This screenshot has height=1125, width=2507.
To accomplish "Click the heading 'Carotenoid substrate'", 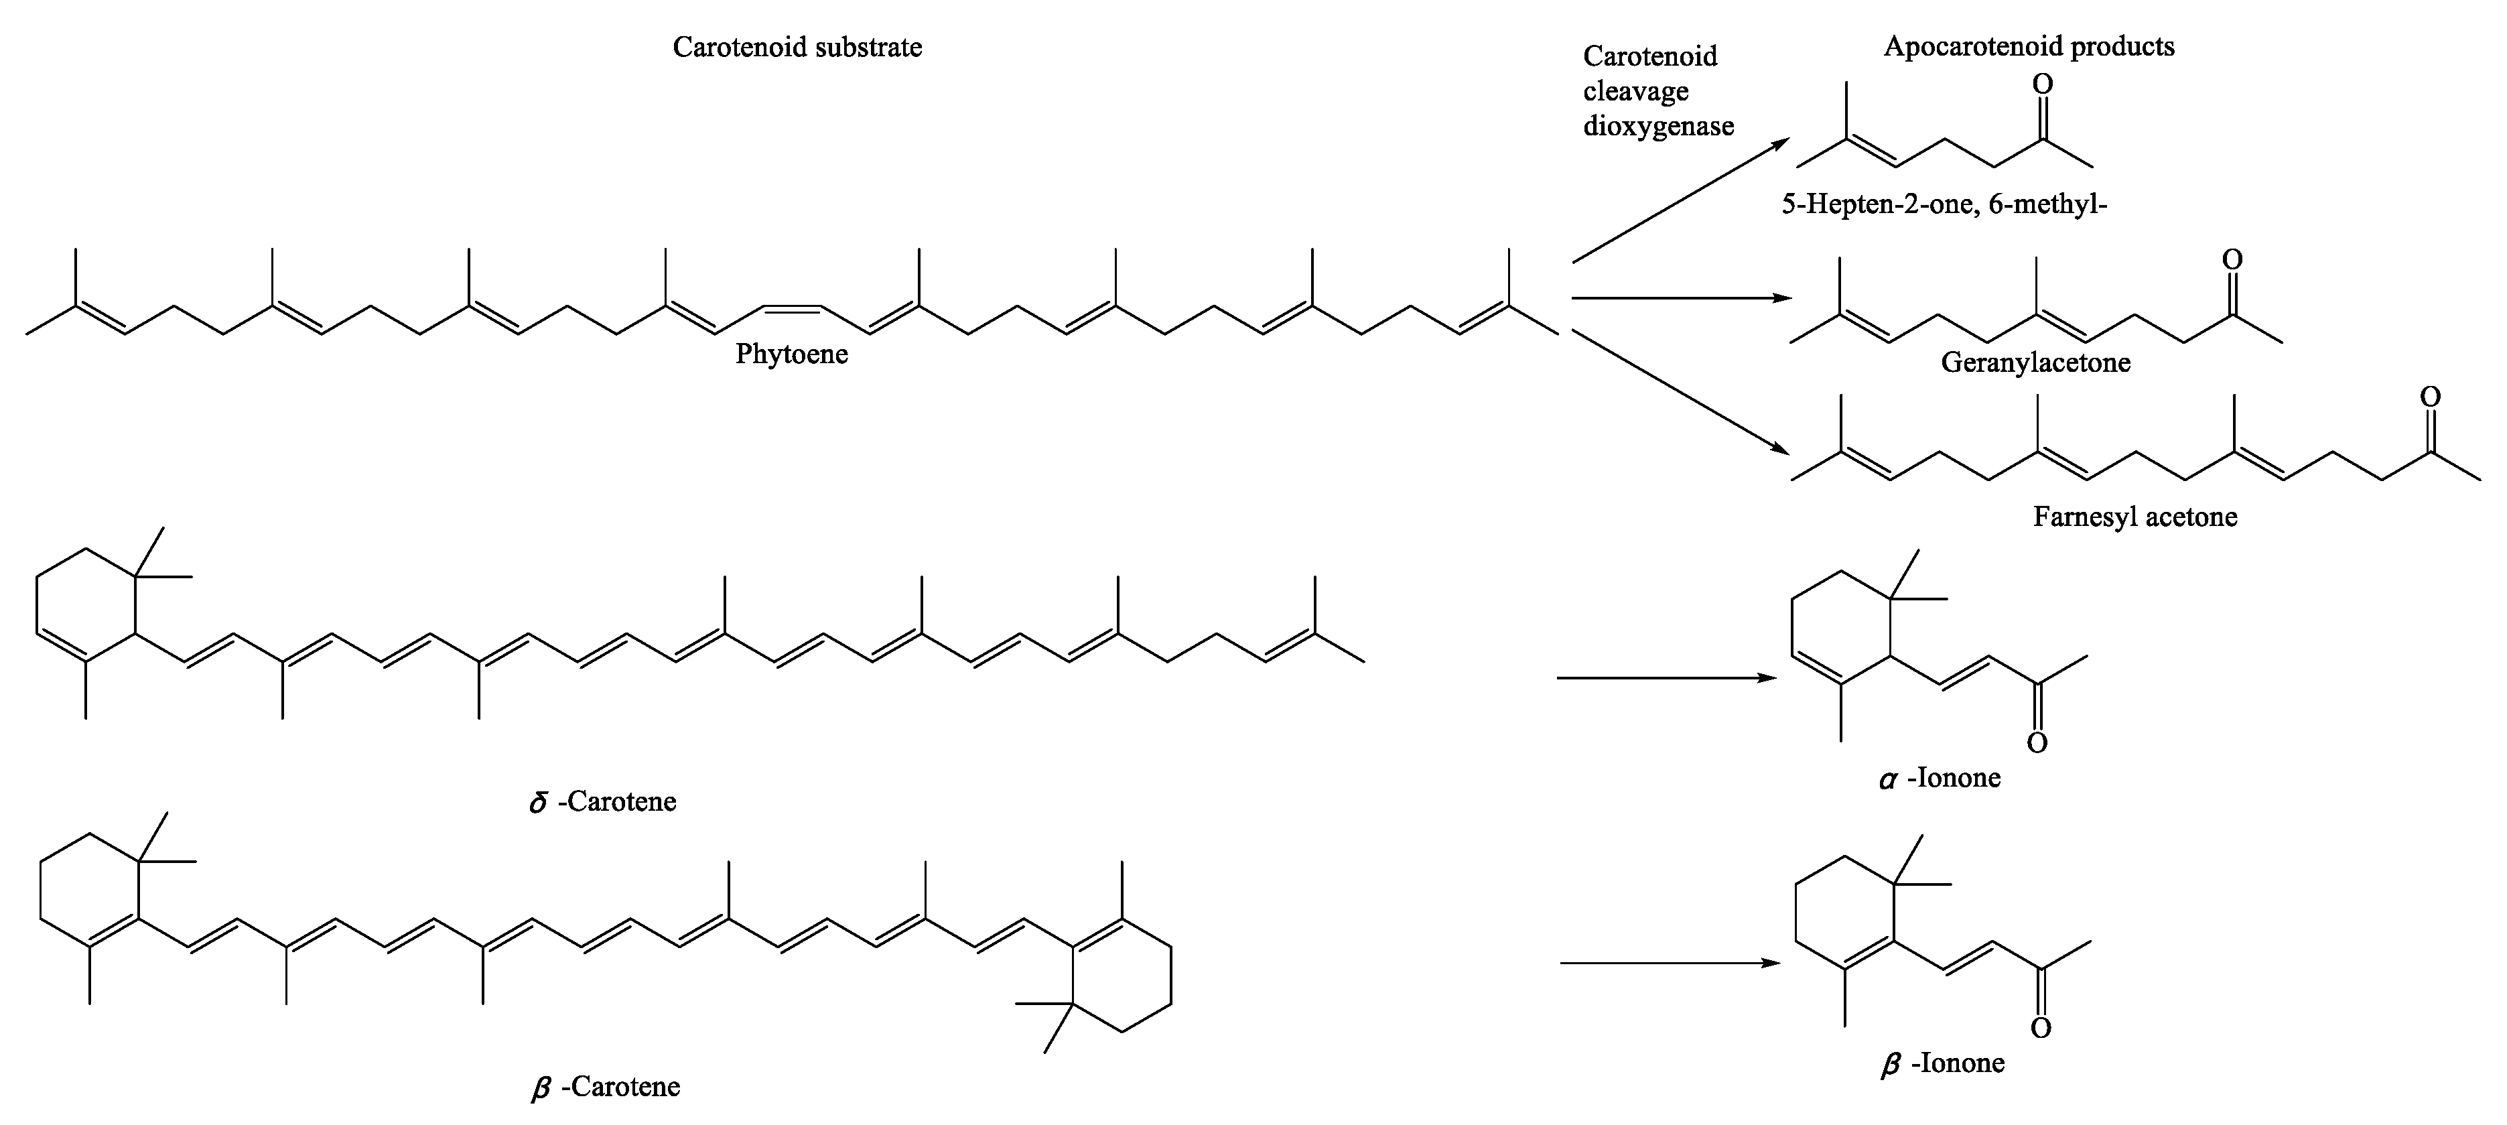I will pos(797,48).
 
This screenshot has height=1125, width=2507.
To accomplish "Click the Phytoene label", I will pos(791,354).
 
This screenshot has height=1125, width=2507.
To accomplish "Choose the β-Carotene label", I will pos(606,1087).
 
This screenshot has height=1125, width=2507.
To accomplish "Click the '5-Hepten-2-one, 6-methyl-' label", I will pos(1944,205).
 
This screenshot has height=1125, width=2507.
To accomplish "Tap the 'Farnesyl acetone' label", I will pos(2135,517).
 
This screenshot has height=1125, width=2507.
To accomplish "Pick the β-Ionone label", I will pos(1942,1063).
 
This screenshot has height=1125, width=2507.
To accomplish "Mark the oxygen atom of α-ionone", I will pos(2037,744).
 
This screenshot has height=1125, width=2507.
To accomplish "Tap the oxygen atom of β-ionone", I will pos(2041,1029).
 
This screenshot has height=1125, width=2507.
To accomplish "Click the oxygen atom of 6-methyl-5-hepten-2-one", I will pos(2043,84).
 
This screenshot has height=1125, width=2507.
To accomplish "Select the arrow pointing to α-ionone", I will pos(1666,677).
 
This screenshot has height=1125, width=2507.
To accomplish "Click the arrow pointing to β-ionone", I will pos(1670,962).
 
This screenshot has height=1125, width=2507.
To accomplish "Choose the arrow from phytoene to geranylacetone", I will pos(1681,297).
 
